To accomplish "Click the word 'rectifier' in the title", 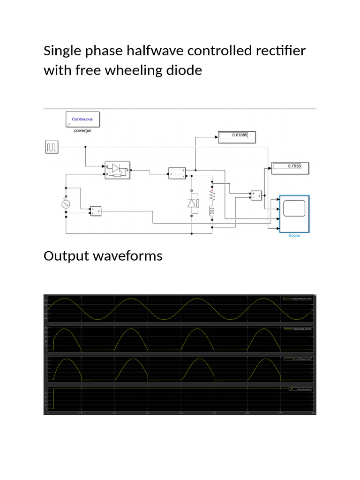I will coord(279,50).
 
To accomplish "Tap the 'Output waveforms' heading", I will coord(103,256).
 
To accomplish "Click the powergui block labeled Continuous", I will coord(82,120).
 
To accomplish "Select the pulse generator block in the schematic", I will coord(51,147).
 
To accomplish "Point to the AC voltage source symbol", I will coord(66,204).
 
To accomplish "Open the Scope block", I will coord(294,213).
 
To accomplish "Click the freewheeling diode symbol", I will coord(192,203).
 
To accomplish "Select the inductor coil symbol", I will coord(212,210).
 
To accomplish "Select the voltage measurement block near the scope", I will coord(256,195).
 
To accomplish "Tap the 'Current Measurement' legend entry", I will coord(299,359).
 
